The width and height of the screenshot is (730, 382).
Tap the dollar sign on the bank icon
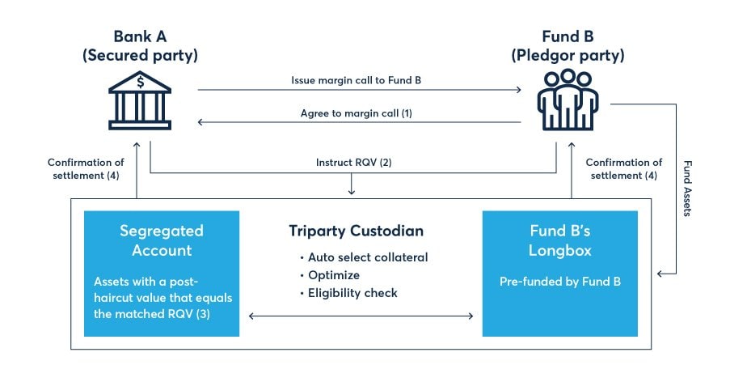(x=141, y=82)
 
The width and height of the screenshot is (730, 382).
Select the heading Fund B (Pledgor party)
(x=568, y=46)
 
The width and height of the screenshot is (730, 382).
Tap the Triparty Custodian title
(x=356, y=231)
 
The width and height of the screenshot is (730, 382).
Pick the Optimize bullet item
(x=335, y=275)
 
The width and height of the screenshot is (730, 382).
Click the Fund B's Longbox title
(x=559, y=240)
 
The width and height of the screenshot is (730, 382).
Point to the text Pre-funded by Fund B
(x=559, y=284)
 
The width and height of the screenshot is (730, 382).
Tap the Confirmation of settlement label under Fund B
(x=623, y=168)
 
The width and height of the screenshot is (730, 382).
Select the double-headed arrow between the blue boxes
(x=361, y=316)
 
